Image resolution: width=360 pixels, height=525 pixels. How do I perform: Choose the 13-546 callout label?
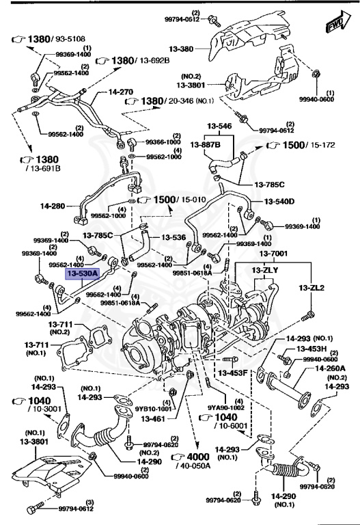click(x=221, y=126)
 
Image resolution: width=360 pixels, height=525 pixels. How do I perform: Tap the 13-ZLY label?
click(x=264, y=271)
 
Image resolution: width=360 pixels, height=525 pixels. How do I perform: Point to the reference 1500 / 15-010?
click(x=171, y=199)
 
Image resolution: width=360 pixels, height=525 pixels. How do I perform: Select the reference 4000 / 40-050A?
click(x=192, y=457)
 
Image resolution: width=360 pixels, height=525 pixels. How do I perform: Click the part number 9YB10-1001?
click(x=150, y=409)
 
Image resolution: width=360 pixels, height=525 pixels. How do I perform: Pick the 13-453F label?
click(x=232, y=373)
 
